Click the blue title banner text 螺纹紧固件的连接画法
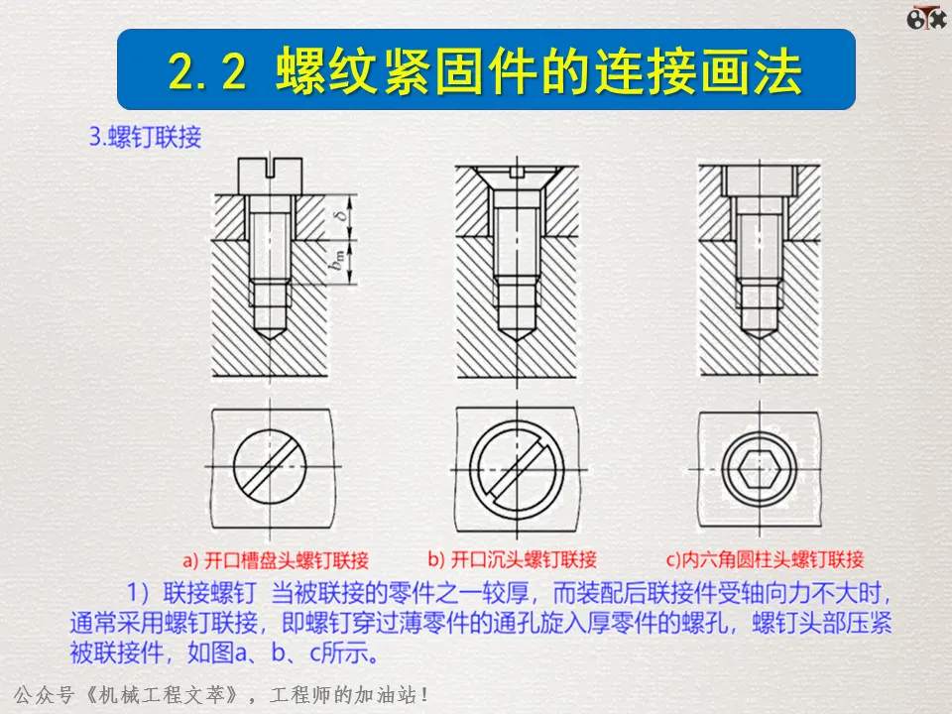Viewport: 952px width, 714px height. [x=539, y=71]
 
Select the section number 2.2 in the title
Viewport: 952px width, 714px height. [x=207, y=71]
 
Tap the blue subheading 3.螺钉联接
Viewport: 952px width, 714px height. [x=145, y=137]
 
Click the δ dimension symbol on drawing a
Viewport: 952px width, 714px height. [x=344, y=215]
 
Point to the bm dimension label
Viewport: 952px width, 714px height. [x=338, y=261]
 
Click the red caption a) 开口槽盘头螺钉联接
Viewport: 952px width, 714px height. [x=276, y=559]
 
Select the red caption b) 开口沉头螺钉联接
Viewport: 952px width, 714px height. [x=513, y=559]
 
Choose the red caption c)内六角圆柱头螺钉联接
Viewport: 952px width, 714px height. [x=765, y=559]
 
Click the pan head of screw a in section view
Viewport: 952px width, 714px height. [x=270, y=177]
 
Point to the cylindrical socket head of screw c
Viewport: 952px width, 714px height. [x=759, y=180]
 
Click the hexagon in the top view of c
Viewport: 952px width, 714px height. [x=759, y=469]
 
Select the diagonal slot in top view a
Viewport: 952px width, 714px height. [x=270, y=467]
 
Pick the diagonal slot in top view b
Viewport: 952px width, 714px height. [x=517, y=469]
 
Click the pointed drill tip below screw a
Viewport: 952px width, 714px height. [x=270, y=333]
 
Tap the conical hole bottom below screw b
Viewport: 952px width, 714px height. [x=517, y=333]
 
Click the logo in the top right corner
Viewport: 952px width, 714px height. [x=926, y=18]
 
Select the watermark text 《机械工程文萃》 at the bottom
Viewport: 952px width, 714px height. [x=159, y=694]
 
